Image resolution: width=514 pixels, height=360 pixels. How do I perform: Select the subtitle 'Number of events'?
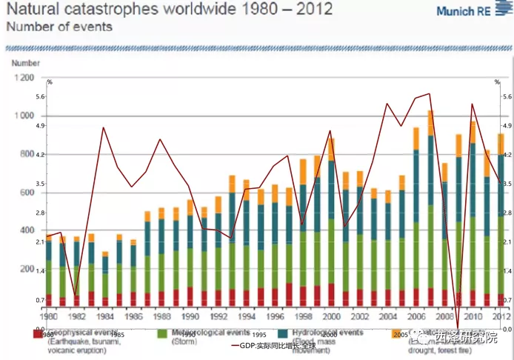tap(59, 27)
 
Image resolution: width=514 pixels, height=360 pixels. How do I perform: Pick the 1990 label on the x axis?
tap(190, 316)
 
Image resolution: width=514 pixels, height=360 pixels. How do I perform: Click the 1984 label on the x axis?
tap(105, 316)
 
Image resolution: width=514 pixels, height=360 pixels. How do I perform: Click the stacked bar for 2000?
tap(331, 222)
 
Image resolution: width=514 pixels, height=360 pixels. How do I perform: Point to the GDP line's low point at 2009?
tap(458, 327)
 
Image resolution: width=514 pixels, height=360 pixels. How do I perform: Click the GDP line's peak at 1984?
tap(104, 127)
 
